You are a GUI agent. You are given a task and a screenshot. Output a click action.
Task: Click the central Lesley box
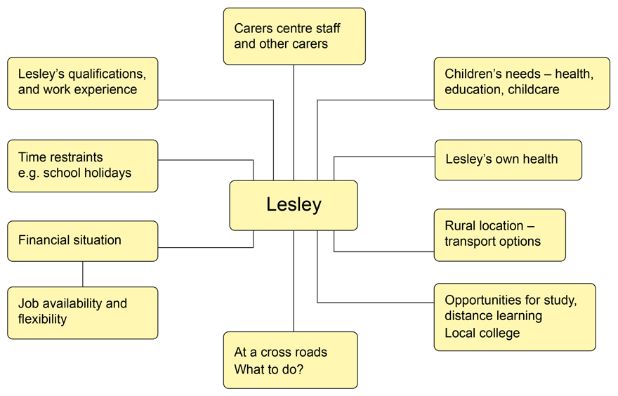click(x=294, y=205)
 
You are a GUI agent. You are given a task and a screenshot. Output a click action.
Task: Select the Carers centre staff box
click(x=294, y=36)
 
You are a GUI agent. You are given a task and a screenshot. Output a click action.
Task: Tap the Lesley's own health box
click(x=508, y=159)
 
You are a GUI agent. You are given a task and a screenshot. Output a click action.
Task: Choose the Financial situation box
click(x=82, y=241)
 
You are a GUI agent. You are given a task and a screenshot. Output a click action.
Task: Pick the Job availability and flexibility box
click(x=82, y=312)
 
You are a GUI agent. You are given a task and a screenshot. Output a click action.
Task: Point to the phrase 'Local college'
click(x=482, y=333)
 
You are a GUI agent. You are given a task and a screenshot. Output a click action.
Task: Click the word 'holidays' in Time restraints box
click(x=107, y=173)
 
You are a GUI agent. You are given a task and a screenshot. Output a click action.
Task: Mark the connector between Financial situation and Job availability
click(x=83, y=274)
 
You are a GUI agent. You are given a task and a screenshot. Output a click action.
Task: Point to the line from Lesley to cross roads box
click(x=294, y=281)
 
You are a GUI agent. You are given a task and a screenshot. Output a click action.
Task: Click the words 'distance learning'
click(x=493, y=316)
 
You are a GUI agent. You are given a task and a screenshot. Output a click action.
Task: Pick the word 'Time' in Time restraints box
click(x=32, y=157)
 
